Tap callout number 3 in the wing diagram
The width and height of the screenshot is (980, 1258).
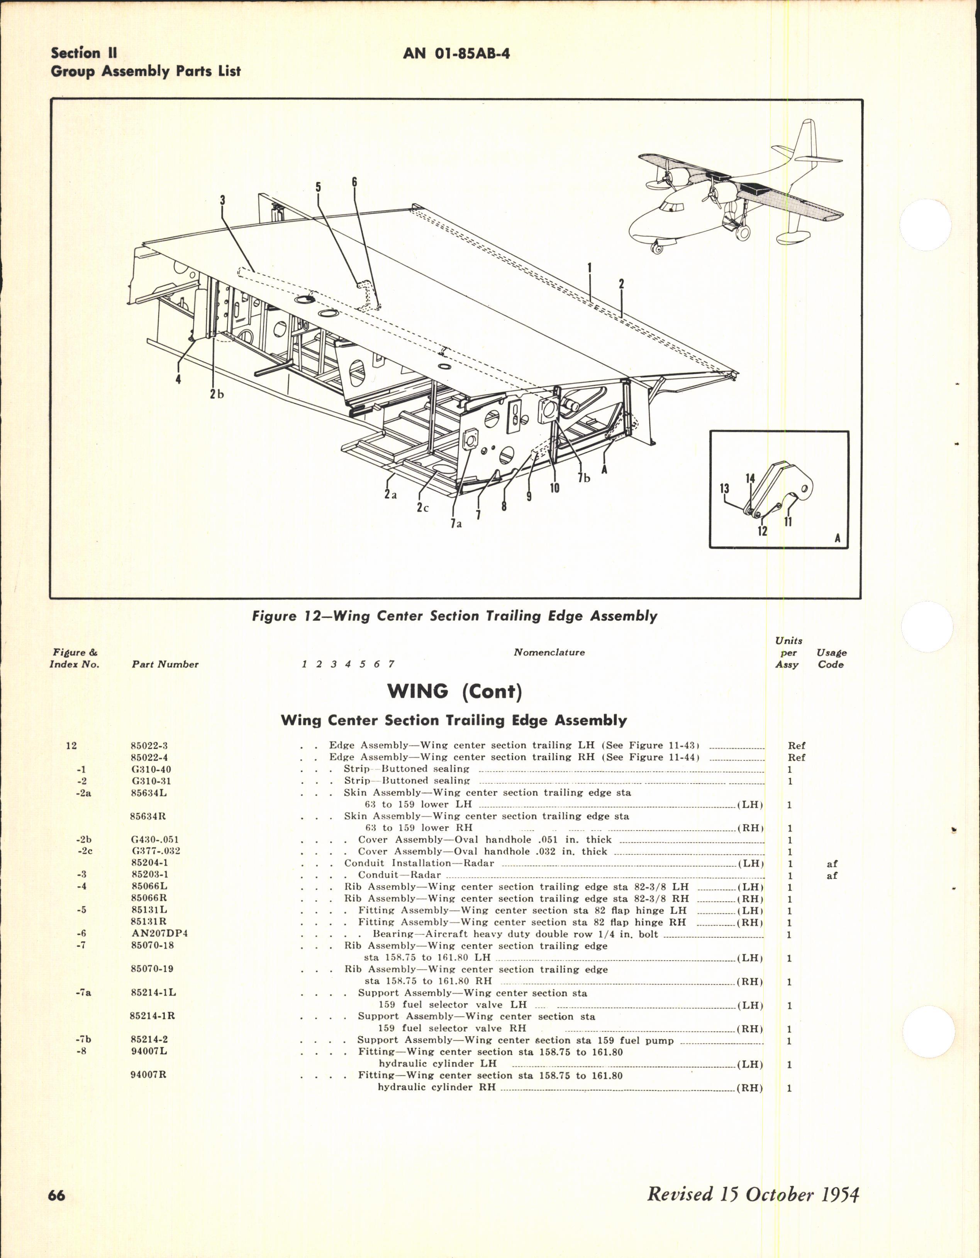pyautogui.click(x=222, y=201)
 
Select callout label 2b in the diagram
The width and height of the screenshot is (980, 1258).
pyautogui.click(x=217, y=395)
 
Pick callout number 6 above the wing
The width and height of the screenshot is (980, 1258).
pyautogui.click(x=354, y=182)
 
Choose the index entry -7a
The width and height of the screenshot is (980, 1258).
pyautogui.click(x=84, y=993)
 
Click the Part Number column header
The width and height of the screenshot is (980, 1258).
pyautogui.click(x=165, y=664)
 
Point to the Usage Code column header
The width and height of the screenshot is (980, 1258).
pyautogui.click(x=831, y=659)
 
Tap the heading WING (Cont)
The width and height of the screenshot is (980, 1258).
pyautogui.click(x=454, y=691)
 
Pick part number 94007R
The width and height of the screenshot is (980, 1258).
pyautogui.click(x=148, y=1075)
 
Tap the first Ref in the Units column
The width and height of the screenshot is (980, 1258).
pyautogui.click(x=797, y=745)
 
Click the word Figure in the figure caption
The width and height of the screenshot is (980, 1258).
pyautogui.click(x=274, y=616)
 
